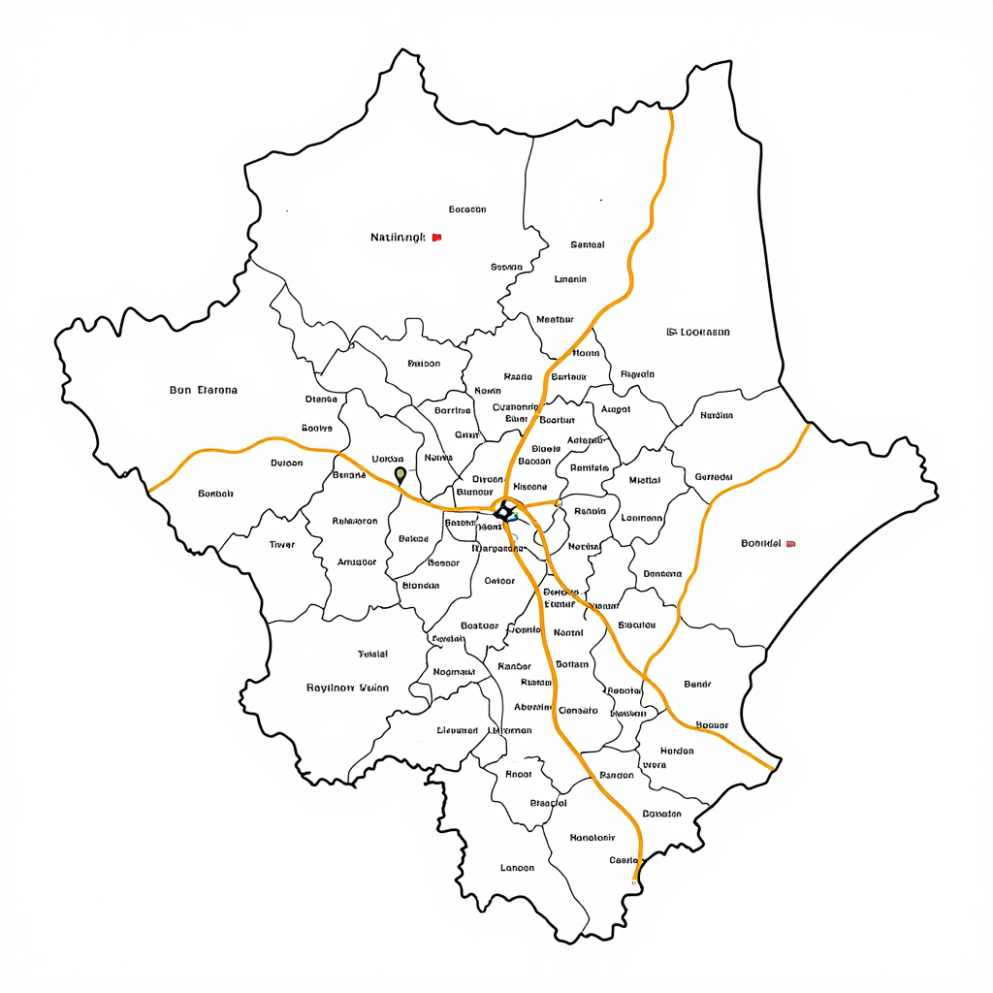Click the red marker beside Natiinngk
(436, 237)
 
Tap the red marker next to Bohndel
(790, 544)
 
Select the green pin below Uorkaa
(400, 475)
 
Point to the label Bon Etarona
(204, 390)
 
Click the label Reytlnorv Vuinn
(347, 688)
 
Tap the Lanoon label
(517, 868)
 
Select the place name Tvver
(281, 545)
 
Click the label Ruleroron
(355, 521)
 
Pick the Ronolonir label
(593, 837)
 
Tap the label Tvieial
(372, 655)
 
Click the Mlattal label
(645, 480)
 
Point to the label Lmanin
(570, 279)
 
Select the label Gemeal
(588, 244)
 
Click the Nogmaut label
(454, 672)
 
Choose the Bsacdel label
(549, 803)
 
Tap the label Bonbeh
(215, 494)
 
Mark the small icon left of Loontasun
(671, 332)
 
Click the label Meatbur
(555, 319)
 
